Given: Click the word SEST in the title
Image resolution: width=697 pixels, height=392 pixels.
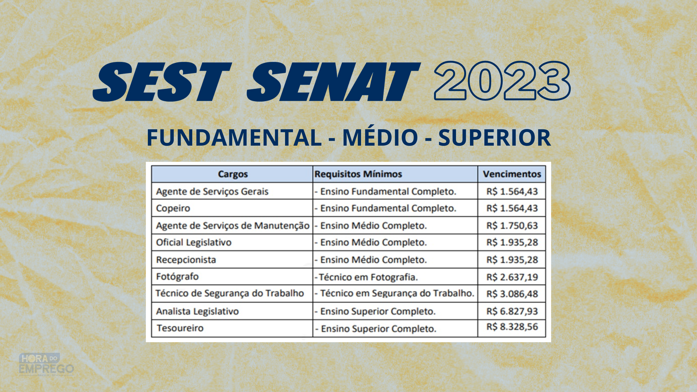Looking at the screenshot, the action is click(162, 82).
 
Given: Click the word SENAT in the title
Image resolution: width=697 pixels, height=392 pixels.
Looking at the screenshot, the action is click(334, 82).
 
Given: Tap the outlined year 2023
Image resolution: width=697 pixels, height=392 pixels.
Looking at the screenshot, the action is click(502, 81).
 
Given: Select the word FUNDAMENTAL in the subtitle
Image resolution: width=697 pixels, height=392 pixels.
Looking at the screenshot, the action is click(234, 138).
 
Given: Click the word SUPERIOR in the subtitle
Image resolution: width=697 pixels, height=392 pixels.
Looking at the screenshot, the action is click(495, 138).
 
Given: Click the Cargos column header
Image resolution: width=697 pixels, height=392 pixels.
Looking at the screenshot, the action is click(233, 174).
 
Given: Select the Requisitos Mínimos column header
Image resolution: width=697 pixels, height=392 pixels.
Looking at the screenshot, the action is click(358, 174).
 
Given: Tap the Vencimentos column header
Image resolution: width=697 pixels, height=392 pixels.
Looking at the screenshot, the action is click(512, 174).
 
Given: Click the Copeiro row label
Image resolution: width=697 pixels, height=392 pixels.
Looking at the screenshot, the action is click(173, 208).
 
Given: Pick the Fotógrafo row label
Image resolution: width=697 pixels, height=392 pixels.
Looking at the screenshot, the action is click(177, 277).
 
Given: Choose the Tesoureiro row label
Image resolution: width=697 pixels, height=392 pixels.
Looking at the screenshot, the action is click(180, 328).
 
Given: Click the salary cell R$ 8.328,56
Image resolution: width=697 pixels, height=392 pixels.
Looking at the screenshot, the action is click(512, 327).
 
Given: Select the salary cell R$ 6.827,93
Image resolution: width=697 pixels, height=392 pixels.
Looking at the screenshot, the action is click(512, 311).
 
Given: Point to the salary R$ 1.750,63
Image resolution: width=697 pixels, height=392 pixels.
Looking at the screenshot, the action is click(512, 225).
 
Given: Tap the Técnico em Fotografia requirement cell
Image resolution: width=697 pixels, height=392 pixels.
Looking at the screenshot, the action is click(366, 277).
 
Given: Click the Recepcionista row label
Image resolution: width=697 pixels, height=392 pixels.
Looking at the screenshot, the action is click(186, 260).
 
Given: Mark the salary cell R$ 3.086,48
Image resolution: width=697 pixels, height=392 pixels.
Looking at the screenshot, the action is click(512, 294).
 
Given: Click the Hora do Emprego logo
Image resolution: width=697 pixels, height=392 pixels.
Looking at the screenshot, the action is click(46, 365).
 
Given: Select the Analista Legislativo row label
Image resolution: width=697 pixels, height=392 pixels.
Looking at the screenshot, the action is click(197, 311).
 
